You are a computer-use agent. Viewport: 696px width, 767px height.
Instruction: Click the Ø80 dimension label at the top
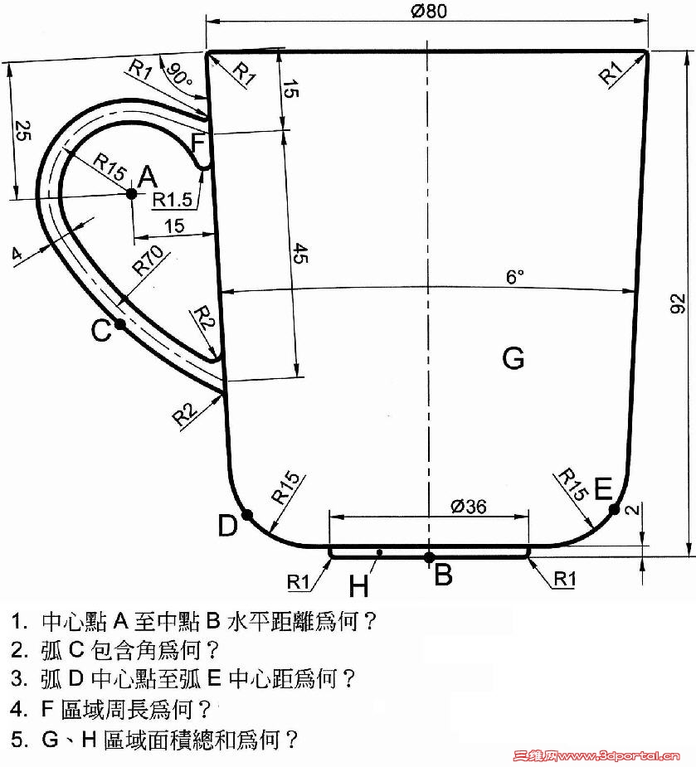pos(429,10)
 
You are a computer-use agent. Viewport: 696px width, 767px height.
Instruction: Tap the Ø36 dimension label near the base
pos(469,507)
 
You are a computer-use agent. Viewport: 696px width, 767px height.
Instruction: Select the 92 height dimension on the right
pos(678,303)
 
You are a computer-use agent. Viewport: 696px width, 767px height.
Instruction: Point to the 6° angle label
pos(515,277)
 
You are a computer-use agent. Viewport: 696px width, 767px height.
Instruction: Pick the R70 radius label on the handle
pos(148,260)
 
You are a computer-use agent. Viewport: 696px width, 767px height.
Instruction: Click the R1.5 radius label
pos(173,200)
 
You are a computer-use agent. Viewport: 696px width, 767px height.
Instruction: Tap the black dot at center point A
pos(131,194)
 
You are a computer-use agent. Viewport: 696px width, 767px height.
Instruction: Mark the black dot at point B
pos(429,557)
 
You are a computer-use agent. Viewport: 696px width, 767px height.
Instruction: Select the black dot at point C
pos(120,324)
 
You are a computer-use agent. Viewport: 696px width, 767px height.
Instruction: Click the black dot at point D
pos(247,515)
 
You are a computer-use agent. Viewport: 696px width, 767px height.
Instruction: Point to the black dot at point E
pos(614,510)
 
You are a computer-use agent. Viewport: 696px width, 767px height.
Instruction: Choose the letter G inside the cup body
pos(513,358)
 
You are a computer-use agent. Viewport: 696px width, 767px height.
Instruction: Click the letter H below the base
pos(358,585)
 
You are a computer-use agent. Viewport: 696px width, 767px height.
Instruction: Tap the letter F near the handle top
pos(198,143)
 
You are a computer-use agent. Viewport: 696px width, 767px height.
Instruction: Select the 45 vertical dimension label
pos(300,253)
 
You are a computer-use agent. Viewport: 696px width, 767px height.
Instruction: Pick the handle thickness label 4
pos(17,254)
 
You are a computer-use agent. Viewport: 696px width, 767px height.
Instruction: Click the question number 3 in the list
pos(18,678)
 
